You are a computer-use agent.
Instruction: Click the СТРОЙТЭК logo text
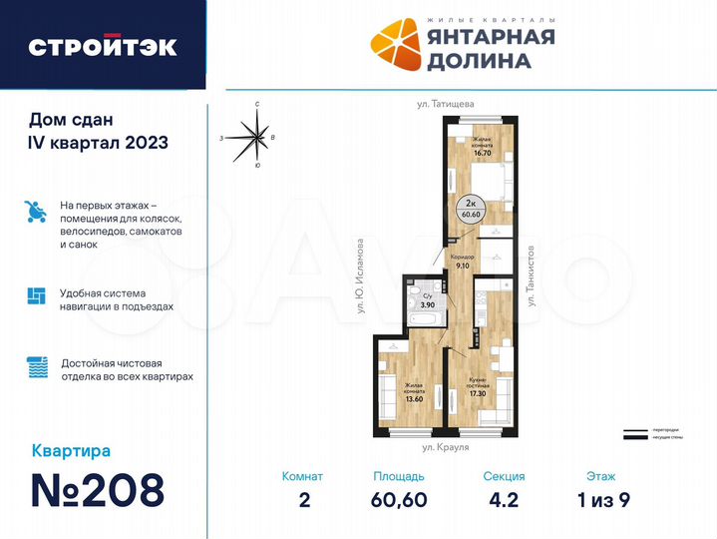[103, 47]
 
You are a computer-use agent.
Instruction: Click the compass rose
[257, 140]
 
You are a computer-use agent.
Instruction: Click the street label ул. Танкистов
[533, 273]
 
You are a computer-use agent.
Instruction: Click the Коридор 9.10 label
[463, 262]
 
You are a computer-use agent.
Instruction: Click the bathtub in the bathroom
[423, 319]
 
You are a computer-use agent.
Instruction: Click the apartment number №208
[98, 490]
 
